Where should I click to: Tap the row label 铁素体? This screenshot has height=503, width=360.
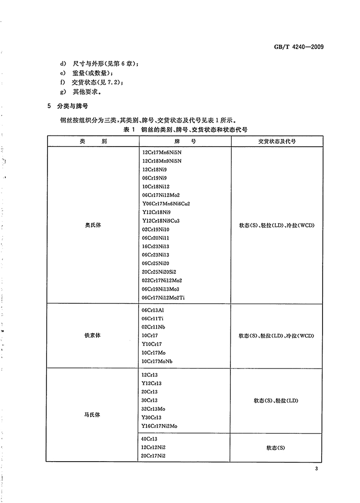[92, 335]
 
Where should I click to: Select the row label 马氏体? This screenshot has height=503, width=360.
[92, 414]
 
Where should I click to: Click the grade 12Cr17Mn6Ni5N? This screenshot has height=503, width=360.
[162, 152]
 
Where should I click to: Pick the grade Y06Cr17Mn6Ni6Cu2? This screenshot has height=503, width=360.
[166, 204]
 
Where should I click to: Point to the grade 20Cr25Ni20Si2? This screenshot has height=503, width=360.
[162, 272]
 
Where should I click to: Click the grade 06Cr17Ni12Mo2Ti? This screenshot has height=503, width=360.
[163, 298]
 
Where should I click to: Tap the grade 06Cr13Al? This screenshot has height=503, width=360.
[153, 310]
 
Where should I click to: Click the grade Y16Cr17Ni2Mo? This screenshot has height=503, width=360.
[162, 426]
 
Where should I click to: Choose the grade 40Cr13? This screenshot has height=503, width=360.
[150, 439]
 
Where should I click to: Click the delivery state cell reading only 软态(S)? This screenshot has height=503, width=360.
[276, 448]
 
